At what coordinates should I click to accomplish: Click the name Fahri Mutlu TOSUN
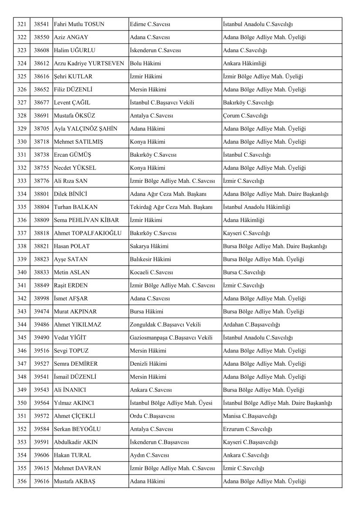[x=79, y=24]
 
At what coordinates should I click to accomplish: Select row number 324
[x=22, y=64]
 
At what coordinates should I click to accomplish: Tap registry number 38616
[x=41, y=77]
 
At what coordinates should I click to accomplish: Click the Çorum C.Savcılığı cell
[x=245, y=116]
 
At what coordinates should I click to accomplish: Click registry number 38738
[x=41, y=155]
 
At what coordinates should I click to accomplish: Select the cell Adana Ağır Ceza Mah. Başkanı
[x=168, y=194]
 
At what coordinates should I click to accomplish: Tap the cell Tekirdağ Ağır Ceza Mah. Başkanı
[x=171, y=207]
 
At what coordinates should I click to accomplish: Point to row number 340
[x=22, y=273]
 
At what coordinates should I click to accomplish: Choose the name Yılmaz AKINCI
[x=74, y=403]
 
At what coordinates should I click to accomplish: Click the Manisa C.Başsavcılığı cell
[x=250, y=416]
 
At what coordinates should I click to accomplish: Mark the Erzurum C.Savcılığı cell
[x=247, y=429]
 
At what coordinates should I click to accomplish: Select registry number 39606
[x=41, y=455]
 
